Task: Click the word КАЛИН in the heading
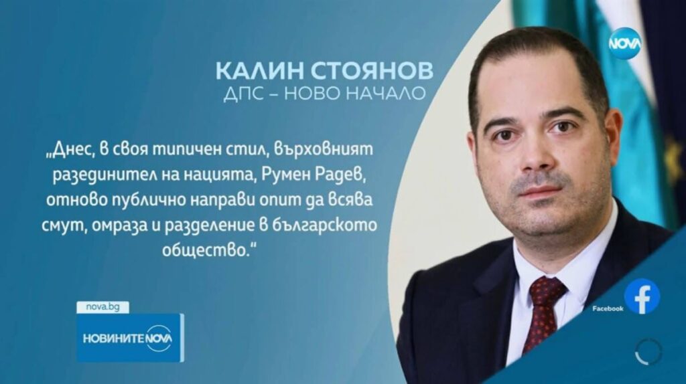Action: pos(258,71)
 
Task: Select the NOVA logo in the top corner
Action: pos(626,43)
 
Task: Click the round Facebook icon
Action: pos(642,296)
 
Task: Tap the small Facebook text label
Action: pos(608,308)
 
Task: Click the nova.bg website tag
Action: pos(102,307)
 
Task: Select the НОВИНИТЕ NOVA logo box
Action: pos(131,338)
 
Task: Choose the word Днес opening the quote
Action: pos(70,150)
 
